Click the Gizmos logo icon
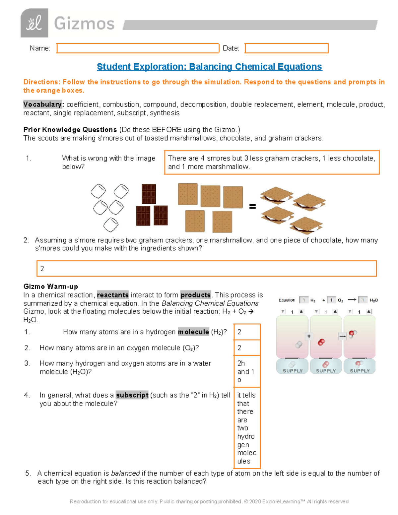(34, 23)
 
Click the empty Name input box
(138, 48)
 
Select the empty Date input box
(287, 48)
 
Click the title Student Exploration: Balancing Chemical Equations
(209, 67)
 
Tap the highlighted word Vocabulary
(42, 104)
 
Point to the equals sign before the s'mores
(252, 207)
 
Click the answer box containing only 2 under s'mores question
(206, 269)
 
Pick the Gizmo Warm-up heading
(51, 287)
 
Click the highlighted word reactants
(113, 295)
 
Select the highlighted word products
(196, 295)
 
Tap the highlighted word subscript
(132, 395)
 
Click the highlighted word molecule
(193, 332)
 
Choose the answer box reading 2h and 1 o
(247, 371)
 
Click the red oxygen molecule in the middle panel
(321, 342)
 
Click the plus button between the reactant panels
(309, 336)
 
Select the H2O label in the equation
(374, 300)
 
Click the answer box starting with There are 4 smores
(272, 162)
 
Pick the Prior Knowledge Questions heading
(70, 130)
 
